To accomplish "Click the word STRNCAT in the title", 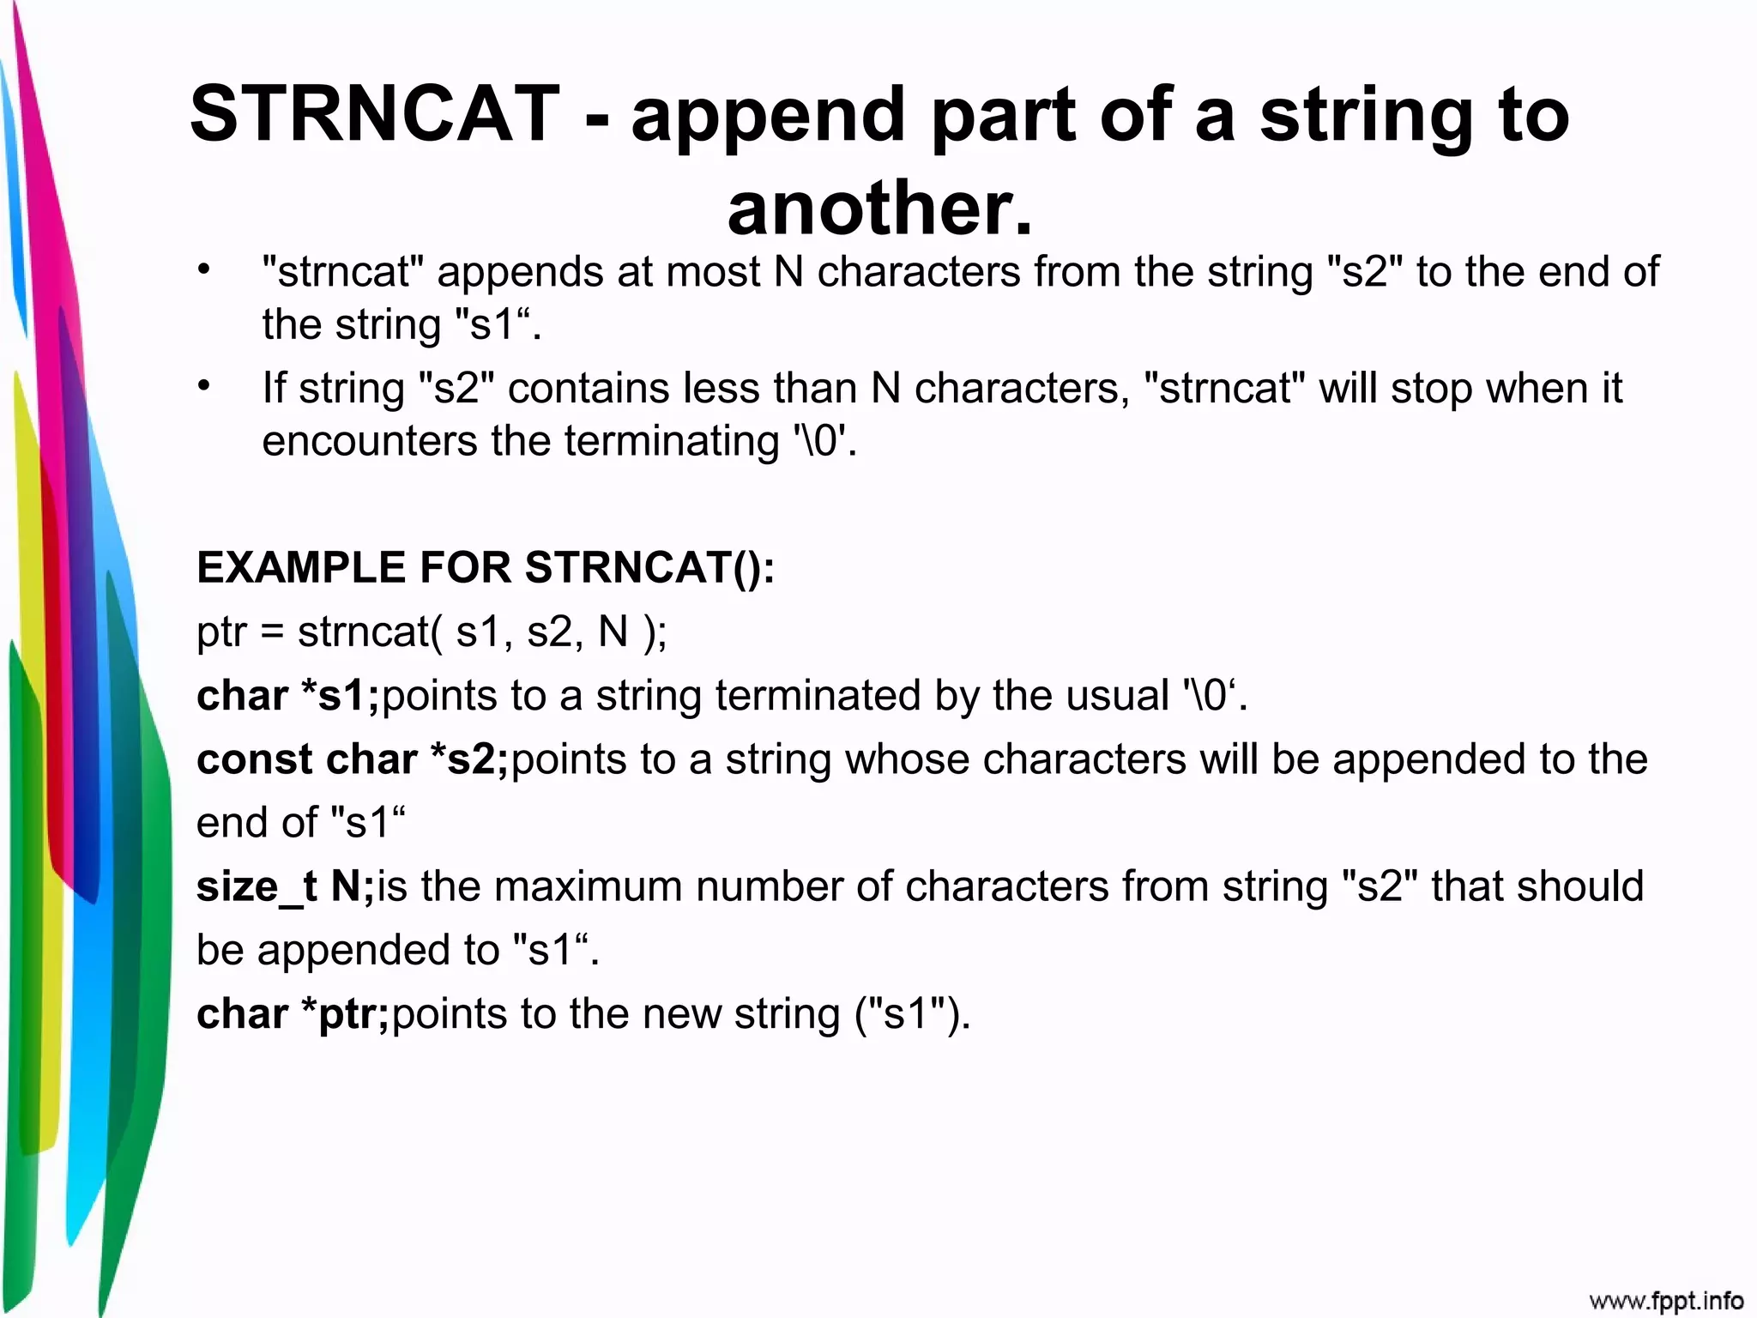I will point(375,114).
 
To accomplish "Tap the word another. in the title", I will point(880,209).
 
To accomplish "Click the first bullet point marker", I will point(203,271).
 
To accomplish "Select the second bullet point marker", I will point(203,387).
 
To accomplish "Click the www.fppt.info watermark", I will point(1666,1301).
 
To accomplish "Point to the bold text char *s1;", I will point(287,696).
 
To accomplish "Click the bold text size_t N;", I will point(285,887).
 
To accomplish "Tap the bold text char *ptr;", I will point(293,1014).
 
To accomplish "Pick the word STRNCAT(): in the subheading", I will point(649,568).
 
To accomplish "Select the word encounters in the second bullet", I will point(369,442).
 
